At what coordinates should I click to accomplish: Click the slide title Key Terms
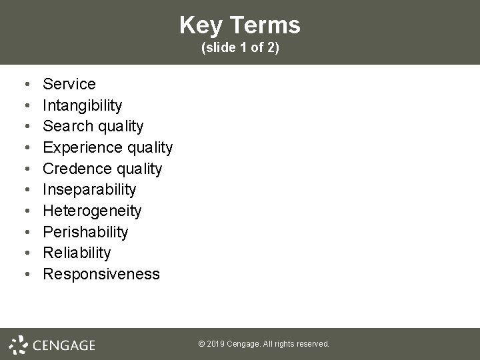tap(240, 25)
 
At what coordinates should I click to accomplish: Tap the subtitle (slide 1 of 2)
tap(240, 48)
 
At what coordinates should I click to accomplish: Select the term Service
tap(69, 84)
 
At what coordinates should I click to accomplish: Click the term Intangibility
tap(83, 105)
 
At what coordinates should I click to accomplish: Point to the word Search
tap(65, 126)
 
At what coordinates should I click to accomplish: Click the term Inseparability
tap(89, 189)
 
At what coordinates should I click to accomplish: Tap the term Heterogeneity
tap(92, 211)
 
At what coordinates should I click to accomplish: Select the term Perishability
tap(85, 232)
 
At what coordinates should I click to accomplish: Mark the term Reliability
tap(77, 253)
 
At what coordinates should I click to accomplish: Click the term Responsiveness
tap(101, 274)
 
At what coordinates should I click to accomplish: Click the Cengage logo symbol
tap(19, 344)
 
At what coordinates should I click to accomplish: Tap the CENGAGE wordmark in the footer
tap(64, 345)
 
